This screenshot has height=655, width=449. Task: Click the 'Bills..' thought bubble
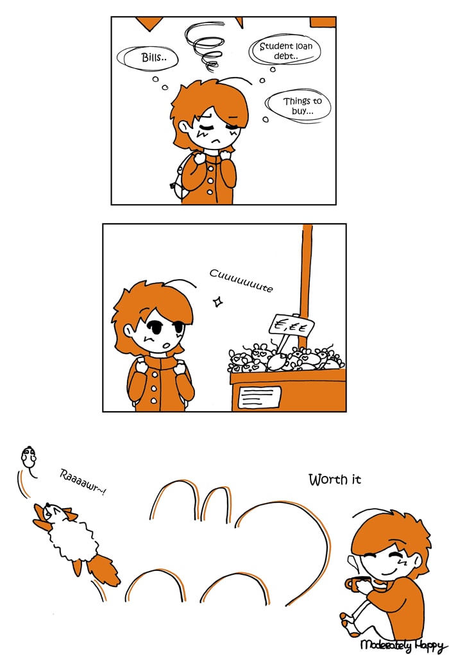click(148, 58)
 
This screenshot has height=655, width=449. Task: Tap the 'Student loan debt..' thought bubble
click(285, 50)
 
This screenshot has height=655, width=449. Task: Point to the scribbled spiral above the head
click(205, 46)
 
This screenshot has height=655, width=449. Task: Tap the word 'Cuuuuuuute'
click(241, 280)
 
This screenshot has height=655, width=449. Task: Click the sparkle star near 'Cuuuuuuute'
click(217, 301)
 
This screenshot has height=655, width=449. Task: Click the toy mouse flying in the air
click(29, 459)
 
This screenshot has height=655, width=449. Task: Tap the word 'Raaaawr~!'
click(82, 482)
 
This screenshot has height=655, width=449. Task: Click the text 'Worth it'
click(335, 479)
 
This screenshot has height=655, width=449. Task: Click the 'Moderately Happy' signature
click(402, 645)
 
